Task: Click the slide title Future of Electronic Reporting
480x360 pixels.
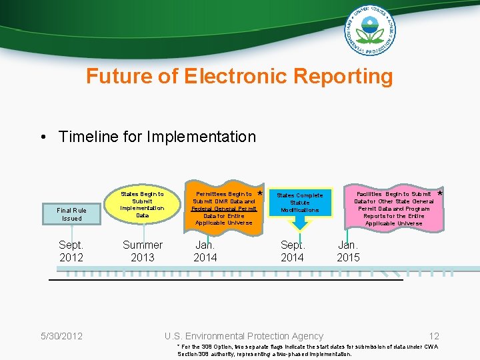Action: tap(239, 76)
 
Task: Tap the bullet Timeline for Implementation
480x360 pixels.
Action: tap(157, 137)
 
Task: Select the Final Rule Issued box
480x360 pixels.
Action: tap(71, 214)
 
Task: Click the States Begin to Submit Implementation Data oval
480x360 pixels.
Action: tap(142, 205)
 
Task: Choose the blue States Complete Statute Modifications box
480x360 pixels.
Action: tap(299, 203)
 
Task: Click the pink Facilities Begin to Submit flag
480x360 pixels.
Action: tap(393, 208)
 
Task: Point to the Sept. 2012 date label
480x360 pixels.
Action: tap(71, 251)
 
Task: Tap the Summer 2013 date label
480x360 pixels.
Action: tap(142, 251)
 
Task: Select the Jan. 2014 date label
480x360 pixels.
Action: tap(205, 251)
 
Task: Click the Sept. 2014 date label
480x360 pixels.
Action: tap(292, 251)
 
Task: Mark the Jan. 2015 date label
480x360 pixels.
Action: tap(348, 251)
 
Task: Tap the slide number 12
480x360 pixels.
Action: tap(434, 336)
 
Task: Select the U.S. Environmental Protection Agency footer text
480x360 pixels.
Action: tap(244, 336)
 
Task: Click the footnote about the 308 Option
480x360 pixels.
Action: tap(307, 351)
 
